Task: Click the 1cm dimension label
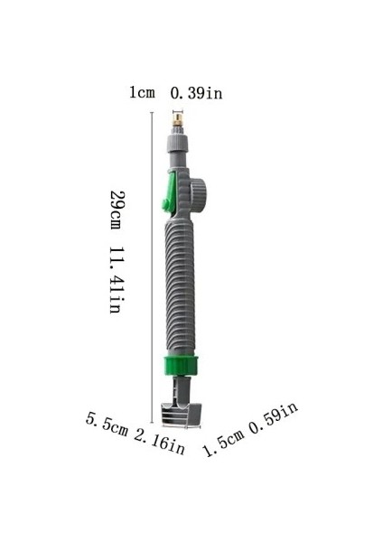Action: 142,93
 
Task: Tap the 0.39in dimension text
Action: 196,93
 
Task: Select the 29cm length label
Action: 117,210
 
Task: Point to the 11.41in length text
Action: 117,280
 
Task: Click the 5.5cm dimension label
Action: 107,423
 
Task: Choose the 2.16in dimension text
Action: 159,442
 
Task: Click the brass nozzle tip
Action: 178,120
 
